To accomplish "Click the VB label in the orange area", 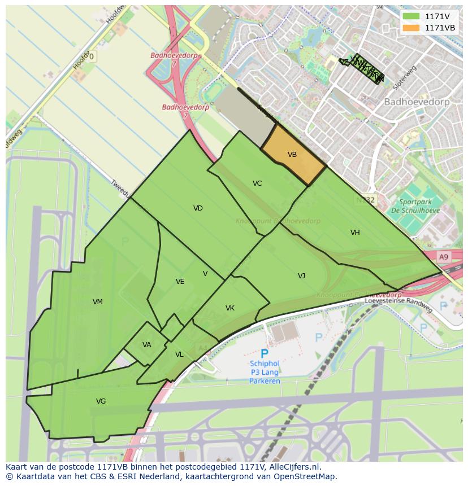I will point(292,155).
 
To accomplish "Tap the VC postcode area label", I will point(257,183).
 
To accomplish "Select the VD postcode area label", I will point(198,208).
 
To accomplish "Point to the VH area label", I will point(355,233).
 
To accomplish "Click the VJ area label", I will point(301,276).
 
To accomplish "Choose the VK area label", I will point(230,308).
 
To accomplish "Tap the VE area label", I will point(180,282).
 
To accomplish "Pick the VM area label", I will point(98,302).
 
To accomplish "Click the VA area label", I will point(147,345).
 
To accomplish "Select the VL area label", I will point(179,354).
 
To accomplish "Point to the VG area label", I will point(101,401).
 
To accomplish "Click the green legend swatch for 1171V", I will point(411,16).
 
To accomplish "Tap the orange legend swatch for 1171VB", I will point(411,28).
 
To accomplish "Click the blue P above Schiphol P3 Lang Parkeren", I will point(264,354).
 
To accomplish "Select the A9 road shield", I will point(444,257).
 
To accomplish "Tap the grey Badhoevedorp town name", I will point(417,102).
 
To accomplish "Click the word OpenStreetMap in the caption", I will point(307,476).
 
